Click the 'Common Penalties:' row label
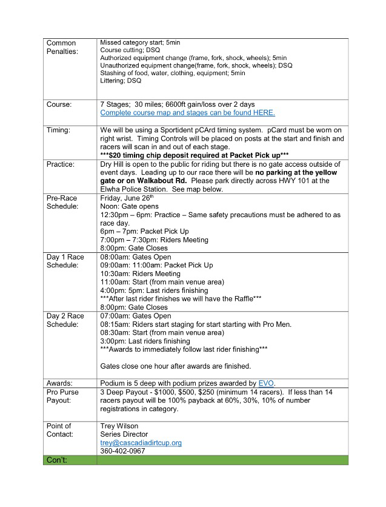(x=61, y=47)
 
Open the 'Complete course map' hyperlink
(x=187, y=113)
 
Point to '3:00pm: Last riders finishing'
(x=145, y=341)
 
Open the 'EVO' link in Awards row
(x=267, y=383)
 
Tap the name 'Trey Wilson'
(x=119, y=426)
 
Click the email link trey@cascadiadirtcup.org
(x=141, y=443)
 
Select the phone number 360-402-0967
(x=122, y=451)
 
